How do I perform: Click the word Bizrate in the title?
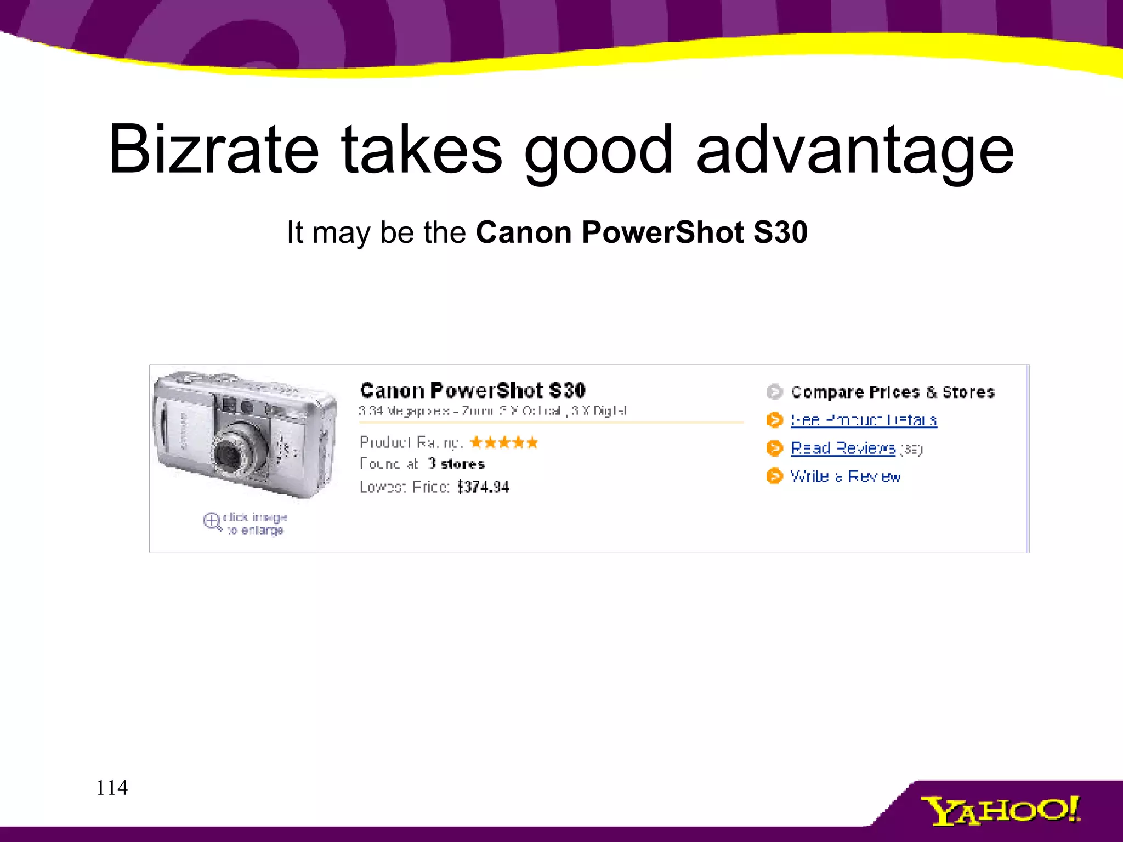click(213, 149)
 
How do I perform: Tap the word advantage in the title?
click(855, 149)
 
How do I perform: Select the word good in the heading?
click(598, 149)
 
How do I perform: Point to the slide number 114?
click(112, 788)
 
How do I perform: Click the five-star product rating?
click(504, 442)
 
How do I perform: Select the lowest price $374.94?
click(483, 487)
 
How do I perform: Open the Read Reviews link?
click(842, 448)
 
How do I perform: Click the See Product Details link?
click(863, 420)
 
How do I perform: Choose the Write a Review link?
click(845, 476)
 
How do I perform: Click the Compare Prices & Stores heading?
click(892, 392)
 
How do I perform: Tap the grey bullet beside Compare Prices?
click(774, 392)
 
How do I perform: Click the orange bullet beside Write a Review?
click(774, 476)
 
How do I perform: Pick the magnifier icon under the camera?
click(212, 521)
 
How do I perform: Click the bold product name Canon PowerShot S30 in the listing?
click(473, 390)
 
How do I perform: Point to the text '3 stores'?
click(456, 464)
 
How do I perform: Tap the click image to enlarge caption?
click(256, 524)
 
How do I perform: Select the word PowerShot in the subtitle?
click(662, 232)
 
